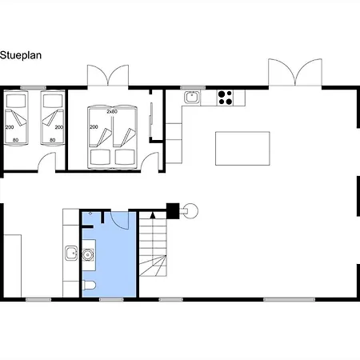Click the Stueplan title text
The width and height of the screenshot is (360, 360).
[x=21, y=55]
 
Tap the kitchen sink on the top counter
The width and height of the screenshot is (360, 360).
[x=192, y=97]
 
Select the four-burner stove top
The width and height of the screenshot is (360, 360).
[x=225, y=98]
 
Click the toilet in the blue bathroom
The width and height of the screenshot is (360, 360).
[x=89, y=286]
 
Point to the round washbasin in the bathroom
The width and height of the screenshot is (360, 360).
[x=87, y=255]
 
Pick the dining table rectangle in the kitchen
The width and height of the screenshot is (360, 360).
[x=242, y=148]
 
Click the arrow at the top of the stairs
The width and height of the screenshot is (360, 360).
[x=153, y=215]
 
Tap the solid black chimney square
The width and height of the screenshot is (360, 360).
[x=173, y=210]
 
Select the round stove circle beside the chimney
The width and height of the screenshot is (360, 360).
[x=191, y=211]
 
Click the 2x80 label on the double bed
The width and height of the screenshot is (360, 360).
[x=112, y=112]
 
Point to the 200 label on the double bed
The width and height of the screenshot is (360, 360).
[x=94, y=127]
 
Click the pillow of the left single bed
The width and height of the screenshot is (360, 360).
[x=16, y=101]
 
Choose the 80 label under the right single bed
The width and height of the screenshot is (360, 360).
[x=53, y=140]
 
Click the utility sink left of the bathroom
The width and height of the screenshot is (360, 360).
[x=71, y=253]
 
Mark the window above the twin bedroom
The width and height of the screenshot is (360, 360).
[x=33, y=88]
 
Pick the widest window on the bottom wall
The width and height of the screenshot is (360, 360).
[x=289, y=300]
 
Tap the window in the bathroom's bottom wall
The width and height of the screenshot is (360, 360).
[x=111, y=300]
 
